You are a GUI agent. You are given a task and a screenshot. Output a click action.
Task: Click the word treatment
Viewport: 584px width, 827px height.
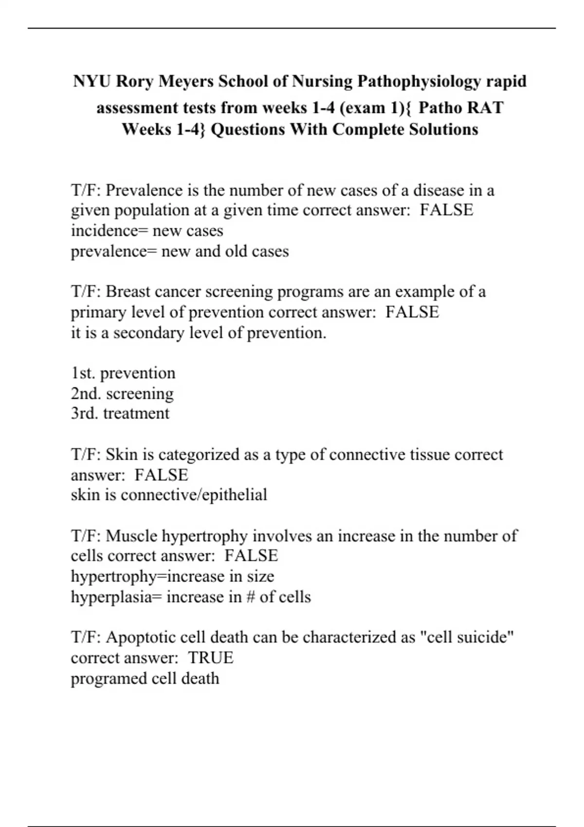click(x=136, y=413)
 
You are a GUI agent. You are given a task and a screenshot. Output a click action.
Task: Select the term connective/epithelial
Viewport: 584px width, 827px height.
click(x=194, y=495)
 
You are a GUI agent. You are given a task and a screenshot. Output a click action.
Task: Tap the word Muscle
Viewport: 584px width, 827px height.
click(x=131, y=536)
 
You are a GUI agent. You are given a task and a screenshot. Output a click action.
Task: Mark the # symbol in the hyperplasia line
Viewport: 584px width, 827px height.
click(x=251, y=597)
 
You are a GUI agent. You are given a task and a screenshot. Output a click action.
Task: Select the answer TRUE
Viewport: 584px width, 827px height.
click(x=211, y=658)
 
